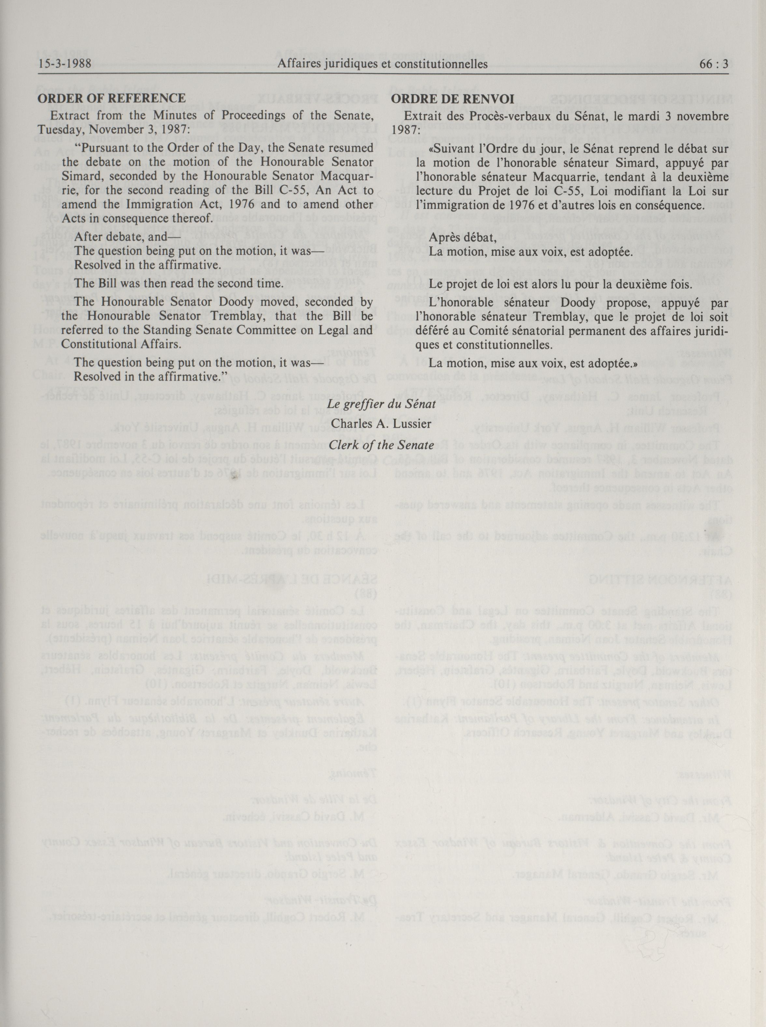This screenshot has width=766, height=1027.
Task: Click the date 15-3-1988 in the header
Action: (64, 64)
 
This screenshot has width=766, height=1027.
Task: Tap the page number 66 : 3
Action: (713, 64)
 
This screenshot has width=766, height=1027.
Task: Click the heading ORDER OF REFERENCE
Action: (111, 98)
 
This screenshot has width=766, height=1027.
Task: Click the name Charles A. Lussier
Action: (381, 424)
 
